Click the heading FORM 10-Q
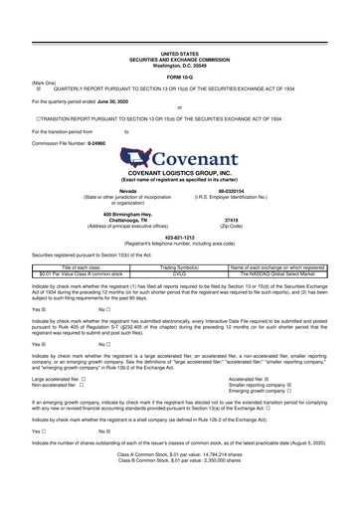[x=179, y=77]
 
